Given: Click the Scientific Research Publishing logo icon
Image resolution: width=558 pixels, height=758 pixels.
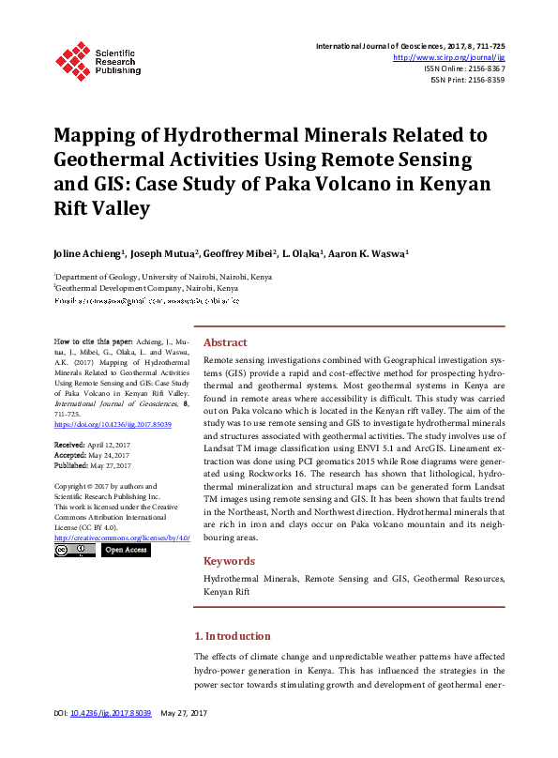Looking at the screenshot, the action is [x=73, y=58].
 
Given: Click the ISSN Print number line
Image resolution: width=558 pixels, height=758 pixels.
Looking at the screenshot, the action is [x=467, y=80].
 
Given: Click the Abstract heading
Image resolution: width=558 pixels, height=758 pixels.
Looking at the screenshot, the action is [x=225, y=342].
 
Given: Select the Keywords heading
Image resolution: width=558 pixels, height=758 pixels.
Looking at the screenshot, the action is [x=231, y=561].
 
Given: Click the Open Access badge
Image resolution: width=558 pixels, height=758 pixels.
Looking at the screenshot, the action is [x=125, y=550].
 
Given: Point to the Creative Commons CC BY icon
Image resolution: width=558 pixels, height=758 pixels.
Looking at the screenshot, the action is [x=74, y=550].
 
